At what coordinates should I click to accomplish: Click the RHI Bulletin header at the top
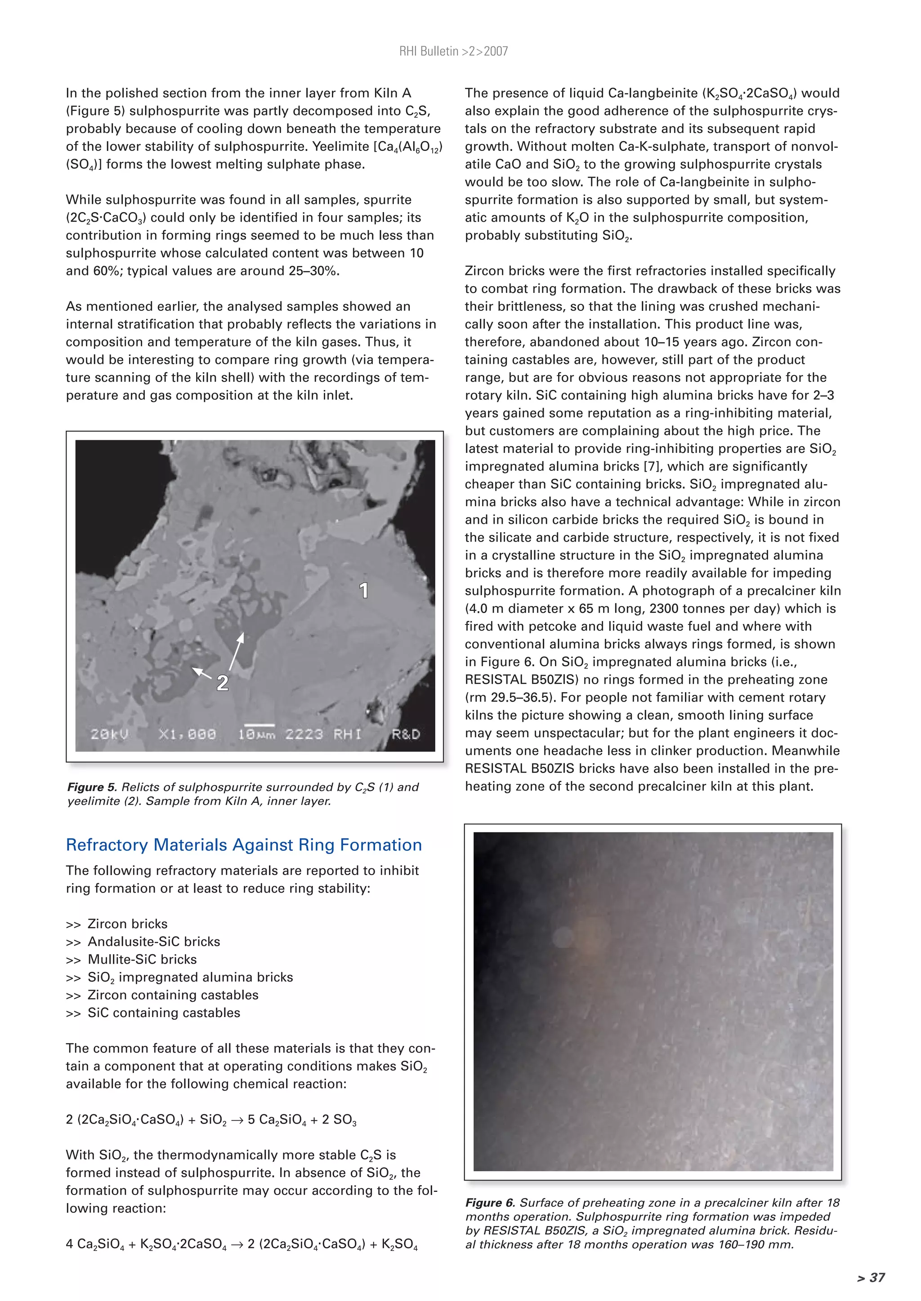(x=453, y=52)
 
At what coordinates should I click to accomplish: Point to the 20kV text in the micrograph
(x=109, y=735)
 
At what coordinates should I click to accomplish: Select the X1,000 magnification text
(x=187, y=735)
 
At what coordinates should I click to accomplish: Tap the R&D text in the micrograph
(x=406, y=735)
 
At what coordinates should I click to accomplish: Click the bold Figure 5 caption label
(x=93, y=787)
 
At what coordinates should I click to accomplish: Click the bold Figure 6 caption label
(x=491, y=1203)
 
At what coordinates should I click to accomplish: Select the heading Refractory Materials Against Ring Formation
(x=244, y=845)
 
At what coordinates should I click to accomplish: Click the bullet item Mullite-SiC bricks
(x=142, y=959)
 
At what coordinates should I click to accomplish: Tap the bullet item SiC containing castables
(x=163, y=1013)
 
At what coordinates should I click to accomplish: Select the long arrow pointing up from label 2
(x=237, y=652)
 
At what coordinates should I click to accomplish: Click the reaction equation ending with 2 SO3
(x=211, y=1120)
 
